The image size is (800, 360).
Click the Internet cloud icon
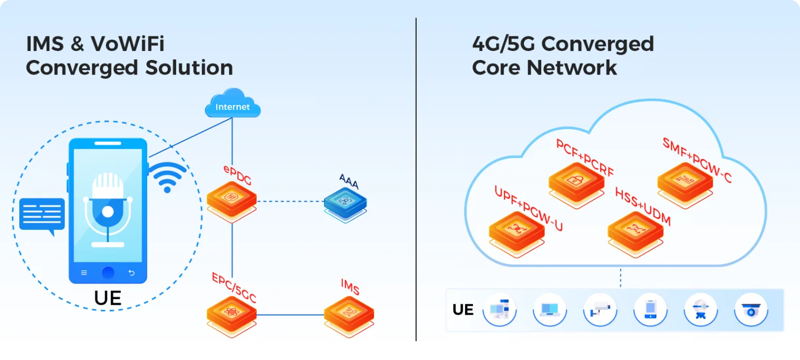(x=232, y=104)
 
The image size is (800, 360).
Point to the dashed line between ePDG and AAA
(x=290, y=201)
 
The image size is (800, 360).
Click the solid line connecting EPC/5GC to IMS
(x=290, y=315)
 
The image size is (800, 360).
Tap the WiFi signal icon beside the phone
(x=167, y=176)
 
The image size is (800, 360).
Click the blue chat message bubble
(x=42, y=215)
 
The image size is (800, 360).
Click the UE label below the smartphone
(x=108, y=298)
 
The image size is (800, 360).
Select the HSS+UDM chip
(x=635, y=229)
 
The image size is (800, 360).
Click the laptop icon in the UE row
(x=549, y=309)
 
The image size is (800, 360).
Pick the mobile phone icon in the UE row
(x=650, y=309)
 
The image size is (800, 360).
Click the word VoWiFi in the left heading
(x=127, y=44)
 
